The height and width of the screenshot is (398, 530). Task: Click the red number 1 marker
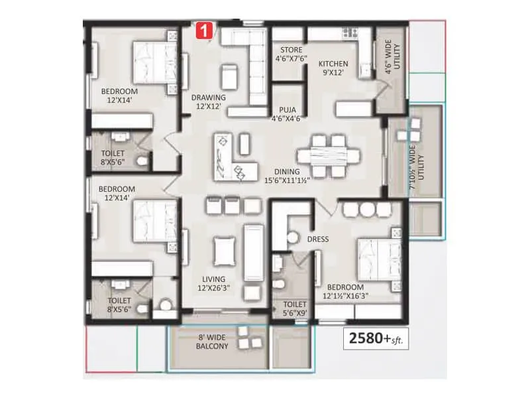tap(205, 30)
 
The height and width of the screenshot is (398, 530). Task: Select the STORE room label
tap(291, 54)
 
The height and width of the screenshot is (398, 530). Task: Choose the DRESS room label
tap(317, 239)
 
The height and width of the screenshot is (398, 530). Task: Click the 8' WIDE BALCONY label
tap(212, 342)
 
